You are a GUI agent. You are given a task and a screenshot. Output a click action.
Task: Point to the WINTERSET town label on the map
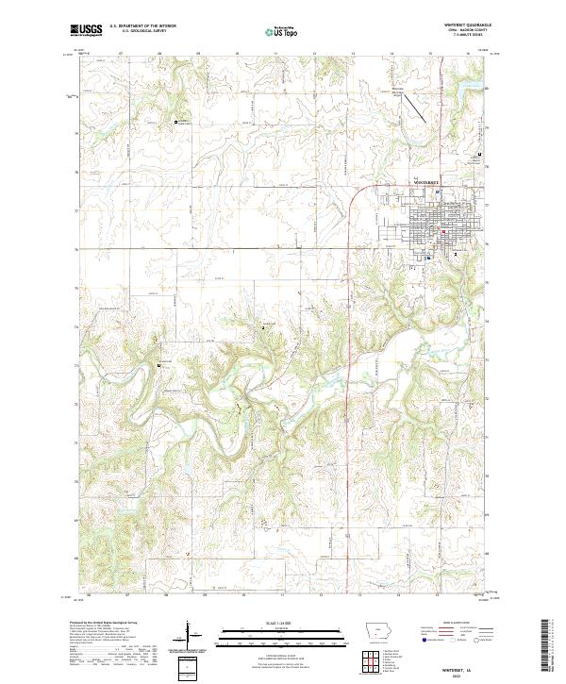click(427, 181)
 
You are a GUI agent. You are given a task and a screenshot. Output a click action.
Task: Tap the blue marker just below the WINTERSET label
click(437, 192)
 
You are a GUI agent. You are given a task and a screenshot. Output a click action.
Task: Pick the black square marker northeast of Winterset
click(479, 155)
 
